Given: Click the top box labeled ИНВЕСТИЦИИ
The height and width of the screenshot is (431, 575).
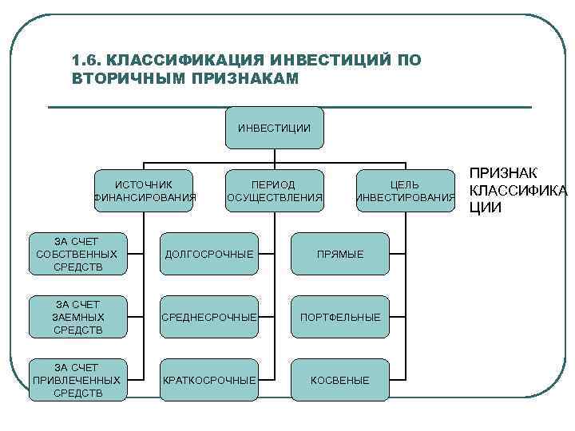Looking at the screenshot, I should tap(274, 128).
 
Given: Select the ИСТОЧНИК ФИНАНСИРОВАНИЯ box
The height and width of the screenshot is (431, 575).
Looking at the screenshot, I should tap(144, 191).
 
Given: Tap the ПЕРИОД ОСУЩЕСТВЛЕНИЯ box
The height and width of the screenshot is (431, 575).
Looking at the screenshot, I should tap(274, 191).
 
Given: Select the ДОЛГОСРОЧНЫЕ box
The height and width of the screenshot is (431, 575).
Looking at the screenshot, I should tap(209, 254).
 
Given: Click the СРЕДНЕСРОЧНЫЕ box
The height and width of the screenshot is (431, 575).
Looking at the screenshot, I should tap(209, 317).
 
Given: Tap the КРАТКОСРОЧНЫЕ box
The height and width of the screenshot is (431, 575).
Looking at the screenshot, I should tap(209, 380).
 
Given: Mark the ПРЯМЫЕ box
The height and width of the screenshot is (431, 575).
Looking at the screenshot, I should tap(339, 254).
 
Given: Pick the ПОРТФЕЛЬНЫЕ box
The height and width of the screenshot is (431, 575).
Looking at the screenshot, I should tap(339, 317).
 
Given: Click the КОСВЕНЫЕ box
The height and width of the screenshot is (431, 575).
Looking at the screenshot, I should tap(339, 380).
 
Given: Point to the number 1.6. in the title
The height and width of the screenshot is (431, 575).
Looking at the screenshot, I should tap(85, 61).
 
